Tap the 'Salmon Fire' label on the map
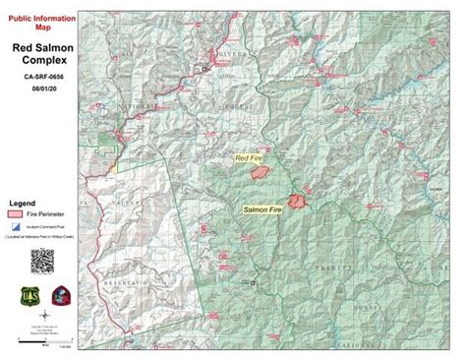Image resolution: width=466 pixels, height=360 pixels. pos(262,210)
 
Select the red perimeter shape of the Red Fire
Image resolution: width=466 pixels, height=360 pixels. pos(262,172)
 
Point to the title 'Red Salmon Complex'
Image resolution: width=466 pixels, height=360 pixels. pos(46,53)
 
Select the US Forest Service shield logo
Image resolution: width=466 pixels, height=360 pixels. pos(28,296)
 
